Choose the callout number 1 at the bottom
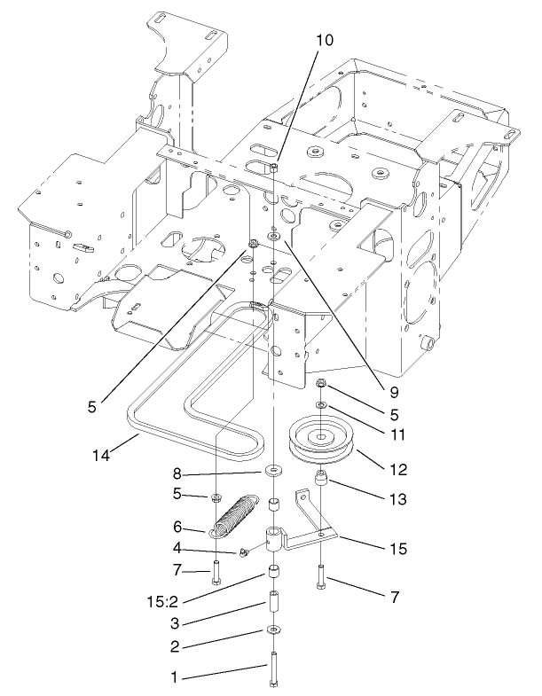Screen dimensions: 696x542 coord(174,676)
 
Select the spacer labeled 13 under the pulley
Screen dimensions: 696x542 coord(322,487)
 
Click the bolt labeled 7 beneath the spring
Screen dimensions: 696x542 coord(216,571)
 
